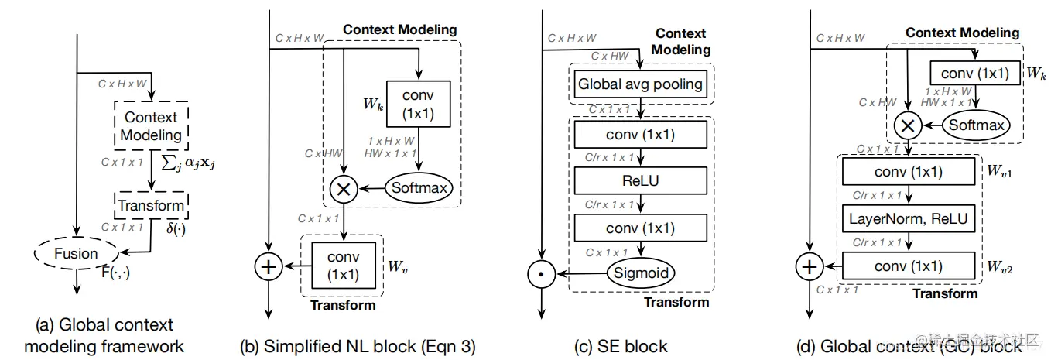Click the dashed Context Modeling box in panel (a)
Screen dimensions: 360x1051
[x=151, y=126]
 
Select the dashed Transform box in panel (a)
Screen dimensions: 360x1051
[x=151, y=205]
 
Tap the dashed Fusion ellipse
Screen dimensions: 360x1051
[x=76, y=253]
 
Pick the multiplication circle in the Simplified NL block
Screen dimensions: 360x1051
[x=343, y=187]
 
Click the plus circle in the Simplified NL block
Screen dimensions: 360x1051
[x=268, y=267]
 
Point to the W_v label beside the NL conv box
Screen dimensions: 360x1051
[x=396, y=268]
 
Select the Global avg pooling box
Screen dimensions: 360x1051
[x=639, y=83]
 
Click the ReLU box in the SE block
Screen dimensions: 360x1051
[x=639, y=180]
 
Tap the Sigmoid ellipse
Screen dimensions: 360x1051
[x=639, y=273]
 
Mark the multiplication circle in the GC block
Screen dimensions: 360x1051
[x=908, y=125]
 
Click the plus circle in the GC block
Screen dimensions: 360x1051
[x=809, y=267]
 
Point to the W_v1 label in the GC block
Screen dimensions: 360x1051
[x=999, y=172]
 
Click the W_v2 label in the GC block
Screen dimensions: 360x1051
[x=999, y=267]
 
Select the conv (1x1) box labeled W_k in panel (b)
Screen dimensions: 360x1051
[x=419, y=104]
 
